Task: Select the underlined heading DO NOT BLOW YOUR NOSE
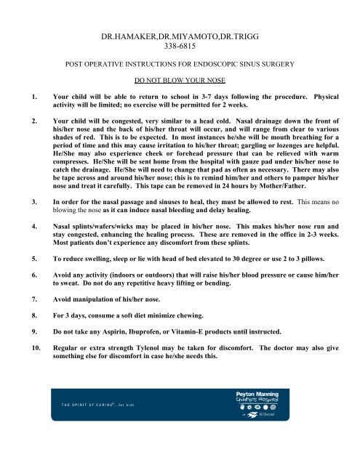pos(179,81)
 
